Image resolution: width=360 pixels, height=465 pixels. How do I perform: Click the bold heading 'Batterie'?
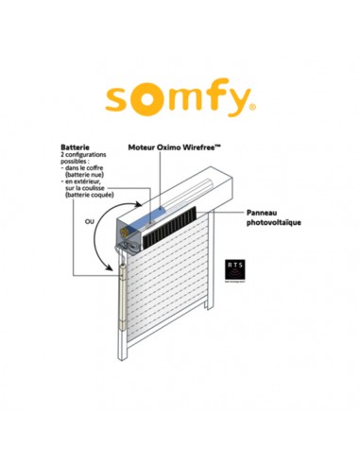pos(76,148)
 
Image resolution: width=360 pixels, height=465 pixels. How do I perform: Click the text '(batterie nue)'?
pos(87,177)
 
